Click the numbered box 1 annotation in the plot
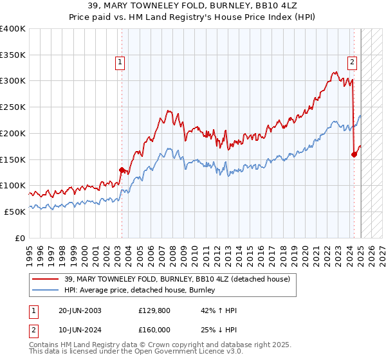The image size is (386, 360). tap(120, 62)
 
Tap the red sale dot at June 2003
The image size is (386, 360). tap(122, 170)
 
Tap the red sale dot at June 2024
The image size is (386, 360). tap(354, 154)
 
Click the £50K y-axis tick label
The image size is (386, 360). tap(15, 212)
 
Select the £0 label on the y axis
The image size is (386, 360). tap(21, 238)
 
